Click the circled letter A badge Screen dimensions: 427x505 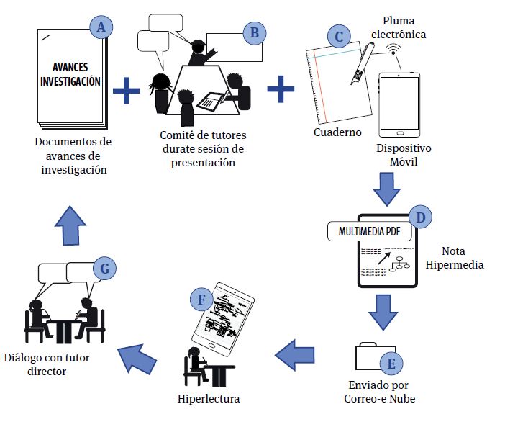click(101, 28)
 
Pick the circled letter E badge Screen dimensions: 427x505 click(391, 362)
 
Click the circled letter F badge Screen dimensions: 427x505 click(201, 298)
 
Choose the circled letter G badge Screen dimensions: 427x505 click(105, 269)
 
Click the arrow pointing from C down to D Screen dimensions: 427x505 click(386, 188)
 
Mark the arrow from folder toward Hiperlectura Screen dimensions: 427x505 click(296, 352)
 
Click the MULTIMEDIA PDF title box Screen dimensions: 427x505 click(365, 232)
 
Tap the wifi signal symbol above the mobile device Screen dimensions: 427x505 click(393, 50)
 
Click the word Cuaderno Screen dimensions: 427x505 click(337, 132)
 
